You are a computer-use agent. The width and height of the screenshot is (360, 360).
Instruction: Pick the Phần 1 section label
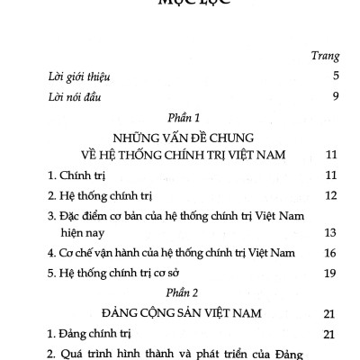click(179, 119)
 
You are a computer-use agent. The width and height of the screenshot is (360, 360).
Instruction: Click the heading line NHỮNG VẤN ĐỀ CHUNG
click(179, 139)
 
